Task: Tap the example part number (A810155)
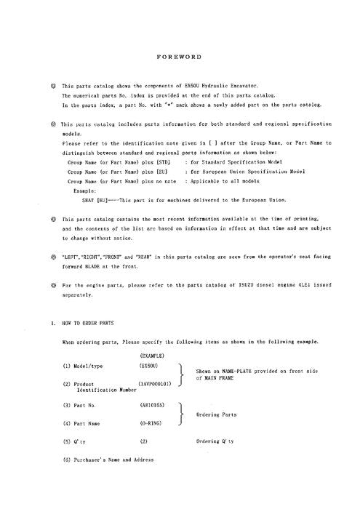tap(152, 402)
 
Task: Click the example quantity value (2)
tap(143, 441)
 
